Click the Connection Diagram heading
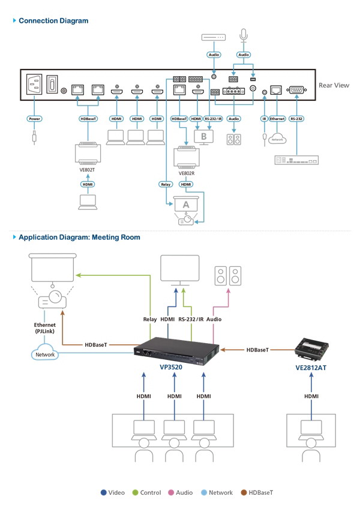pos(53,21)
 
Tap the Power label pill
pos(35,119)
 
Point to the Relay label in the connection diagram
pos(166,184)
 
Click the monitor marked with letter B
pos(204,137)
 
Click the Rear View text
pos(334,86)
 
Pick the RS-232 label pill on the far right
pos(296,119)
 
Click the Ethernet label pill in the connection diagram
pos(277,119)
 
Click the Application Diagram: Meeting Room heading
pos(79,238)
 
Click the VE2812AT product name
pos(311,368)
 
